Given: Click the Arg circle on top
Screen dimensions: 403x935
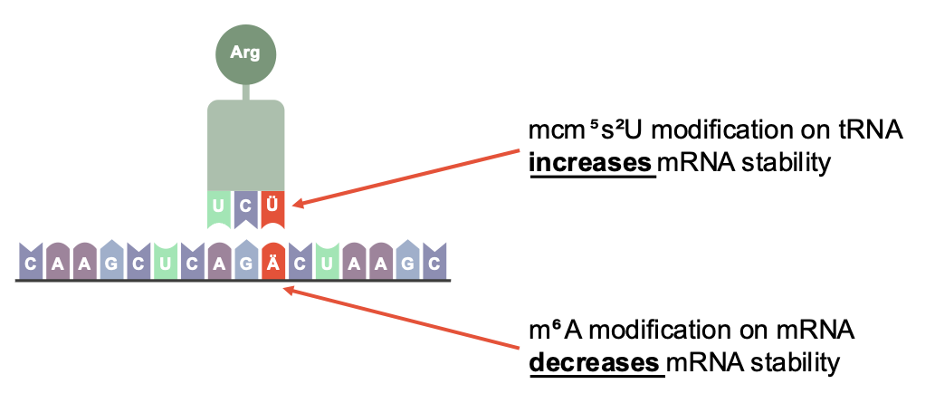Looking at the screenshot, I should tap(245, 53).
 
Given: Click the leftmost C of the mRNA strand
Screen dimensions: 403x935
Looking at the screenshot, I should tap(31, 264).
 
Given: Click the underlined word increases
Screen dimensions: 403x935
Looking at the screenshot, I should tap(591, 164).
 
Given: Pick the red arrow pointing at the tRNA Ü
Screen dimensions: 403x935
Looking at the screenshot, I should tap(407, 178).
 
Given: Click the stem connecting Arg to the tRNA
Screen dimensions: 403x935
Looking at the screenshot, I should tap(245, 90).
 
